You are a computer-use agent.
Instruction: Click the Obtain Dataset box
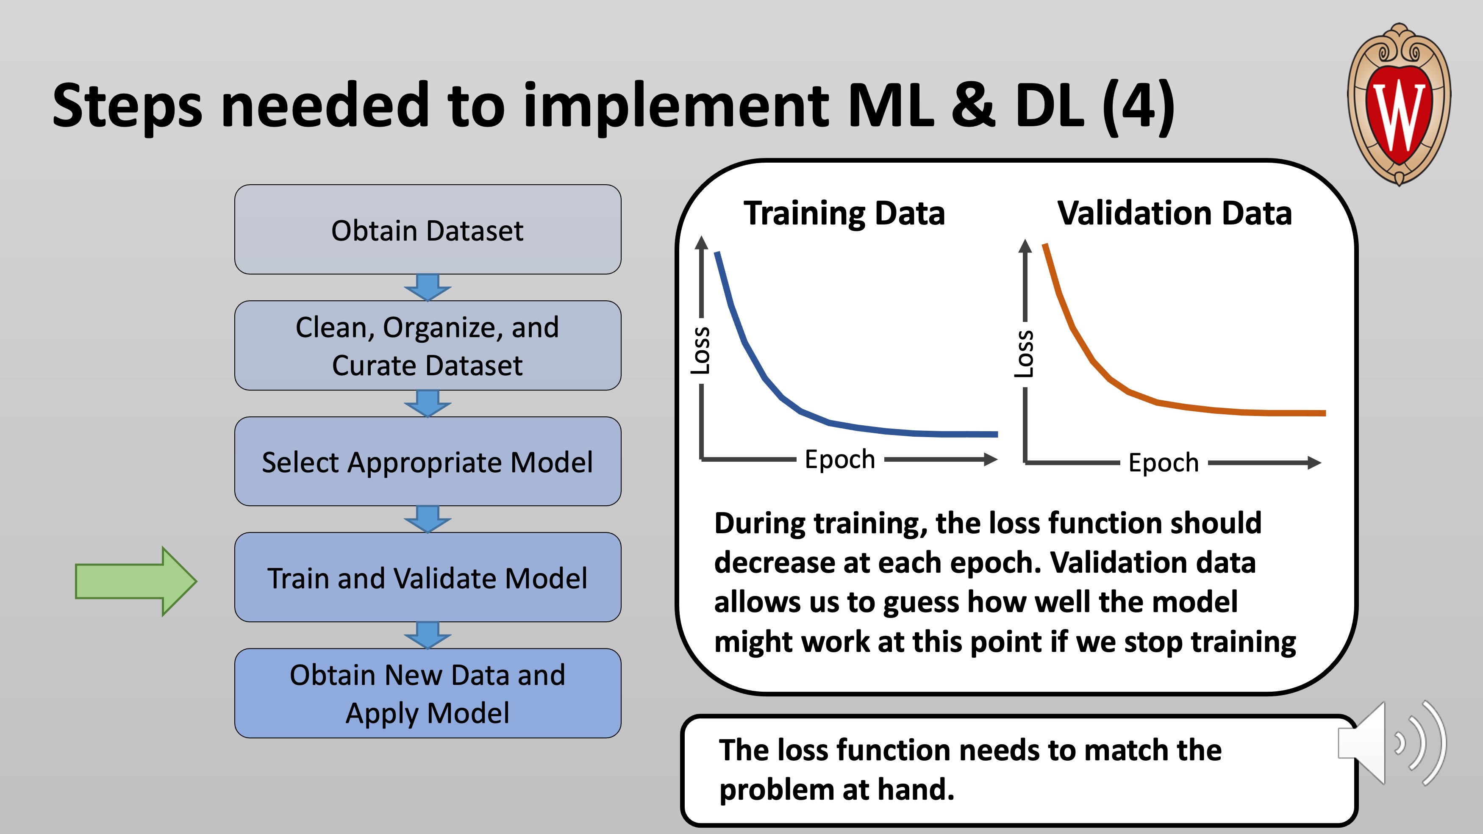[428, 229]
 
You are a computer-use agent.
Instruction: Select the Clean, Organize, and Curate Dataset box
[428, 345]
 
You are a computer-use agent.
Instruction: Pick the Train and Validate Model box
[428, 577]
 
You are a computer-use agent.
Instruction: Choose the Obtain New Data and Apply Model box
[428, 693]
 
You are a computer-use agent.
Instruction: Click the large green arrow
[136, 581]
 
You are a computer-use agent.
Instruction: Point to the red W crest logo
[1399, 104]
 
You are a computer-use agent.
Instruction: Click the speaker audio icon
[1392, 743]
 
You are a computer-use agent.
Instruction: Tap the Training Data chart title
[844, 213]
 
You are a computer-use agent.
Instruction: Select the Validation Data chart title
[1175, 213]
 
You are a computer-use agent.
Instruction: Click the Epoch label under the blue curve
[840, 459]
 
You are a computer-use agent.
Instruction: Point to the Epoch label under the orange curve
[1164, 463]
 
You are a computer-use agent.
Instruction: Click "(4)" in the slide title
[1138, 106]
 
